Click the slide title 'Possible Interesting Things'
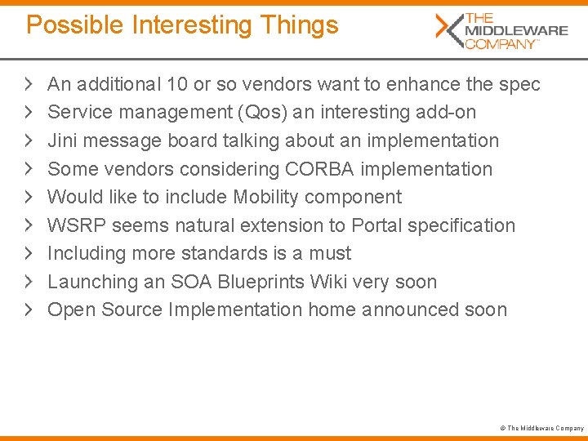[x=182, y=25]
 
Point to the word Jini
[x=63, y=140]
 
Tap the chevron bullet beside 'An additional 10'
[x=29, y=84]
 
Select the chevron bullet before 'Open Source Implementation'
[x=29, y=310]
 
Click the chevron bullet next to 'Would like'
[x=29, y=197]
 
